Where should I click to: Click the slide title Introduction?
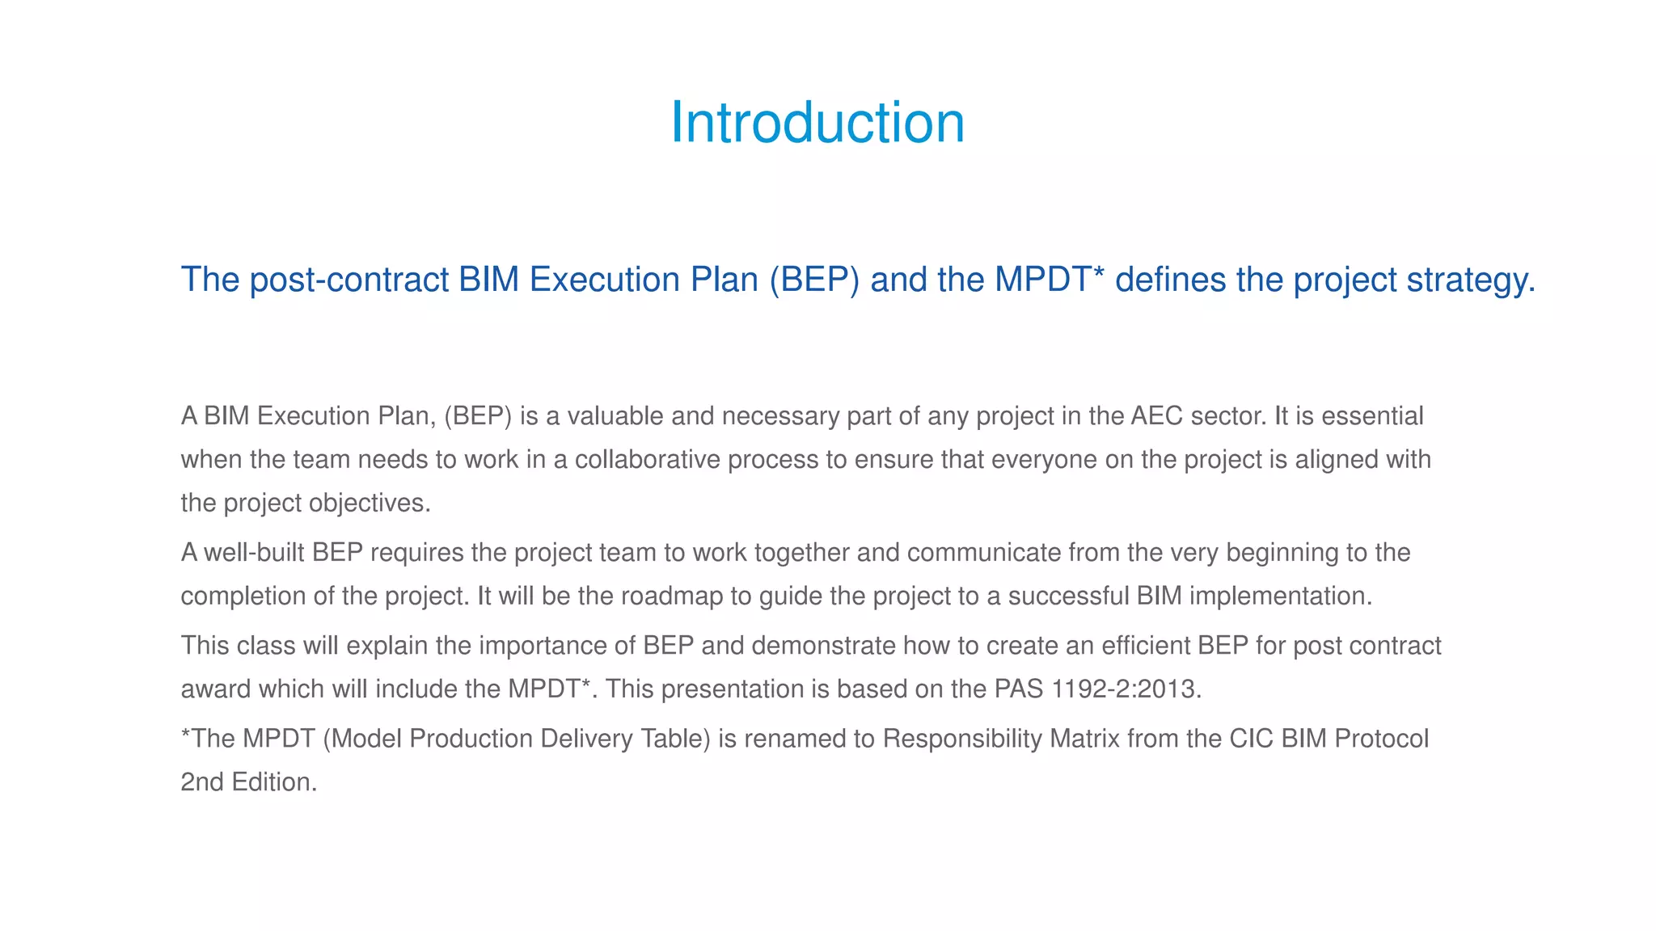[x=817, y=123]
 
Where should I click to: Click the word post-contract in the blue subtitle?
[x=349, y=280]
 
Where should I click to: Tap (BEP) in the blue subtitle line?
[x=813, y=280]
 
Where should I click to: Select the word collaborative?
[x=647, y=460]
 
